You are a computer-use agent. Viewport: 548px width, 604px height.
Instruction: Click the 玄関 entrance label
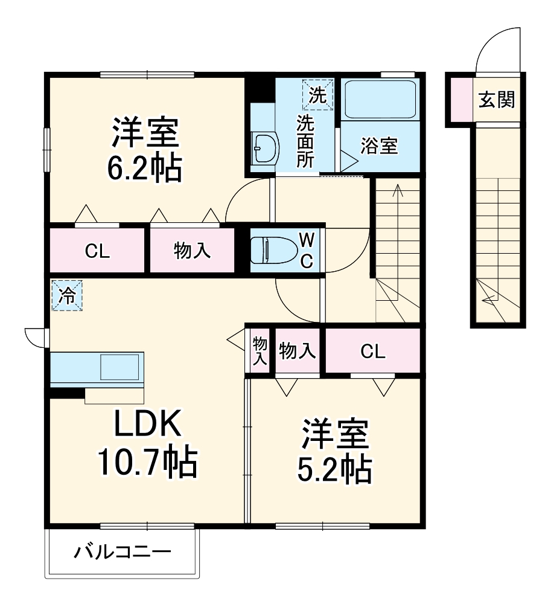pyautogui.click(x=497, y=100)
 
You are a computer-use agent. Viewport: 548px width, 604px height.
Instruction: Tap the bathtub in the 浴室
pyautogui.click(x=380, y=100)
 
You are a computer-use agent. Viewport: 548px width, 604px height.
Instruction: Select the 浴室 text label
pyautogui.click(x=380, y=146)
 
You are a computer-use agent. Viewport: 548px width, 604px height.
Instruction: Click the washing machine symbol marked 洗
pyautogui.click(x=317, y=95)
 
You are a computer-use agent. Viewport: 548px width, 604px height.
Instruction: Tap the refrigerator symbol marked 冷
pyautogui.click(x=67, y=296)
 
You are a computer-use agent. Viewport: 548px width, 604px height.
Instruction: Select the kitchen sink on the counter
pyautogui.click(x=119, y=367)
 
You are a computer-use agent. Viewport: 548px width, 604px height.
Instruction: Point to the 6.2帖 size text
pyautogui.click(x=144, y=170)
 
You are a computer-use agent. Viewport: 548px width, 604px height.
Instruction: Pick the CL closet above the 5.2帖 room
pyautogui.click(x=372, y=352)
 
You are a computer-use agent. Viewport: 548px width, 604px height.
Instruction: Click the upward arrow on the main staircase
pyautogui.click(x=397, y=192)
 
